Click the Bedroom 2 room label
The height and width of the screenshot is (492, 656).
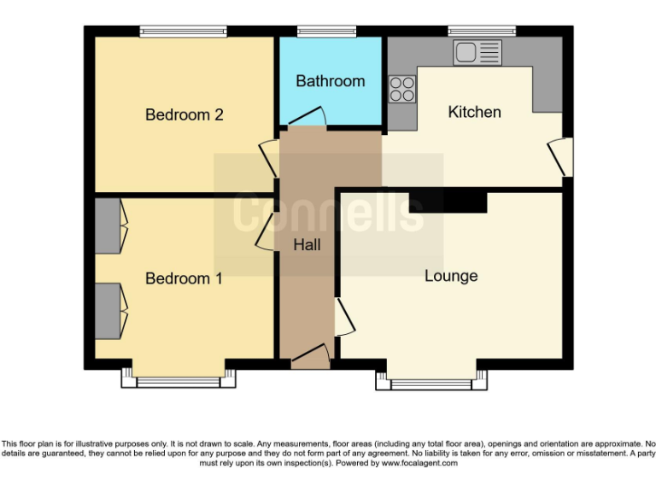pos(184,114)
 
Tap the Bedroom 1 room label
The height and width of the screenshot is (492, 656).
pos(184,278)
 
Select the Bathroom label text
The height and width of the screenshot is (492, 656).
pos(330,81)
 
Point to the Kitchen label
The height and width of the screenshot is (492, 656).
pos(474,112)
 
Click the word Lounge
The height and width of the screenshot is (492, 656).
pos(451,276)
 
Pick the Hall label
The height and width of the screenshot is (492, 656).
pos(307,245)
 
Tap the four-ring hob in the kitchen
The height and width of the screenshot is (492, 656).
pos(401,89)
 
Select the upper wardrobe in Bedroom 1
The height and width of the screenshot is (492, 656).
pos(108,225)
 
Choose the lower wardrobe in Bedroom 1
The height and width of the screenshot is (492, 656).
pos(108,311)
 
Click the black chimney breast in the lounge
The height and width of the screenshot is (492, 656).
pos(448,202)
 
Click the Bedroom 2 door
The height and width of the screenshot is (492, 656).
pos(268,157)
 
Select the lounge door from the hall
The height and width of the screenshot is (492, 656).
pos(344,316)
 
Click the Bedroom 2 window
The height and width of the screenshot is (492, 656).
pos(184,32)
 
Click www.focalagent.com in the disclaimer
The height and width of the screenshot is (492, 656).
pos(419,463)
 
